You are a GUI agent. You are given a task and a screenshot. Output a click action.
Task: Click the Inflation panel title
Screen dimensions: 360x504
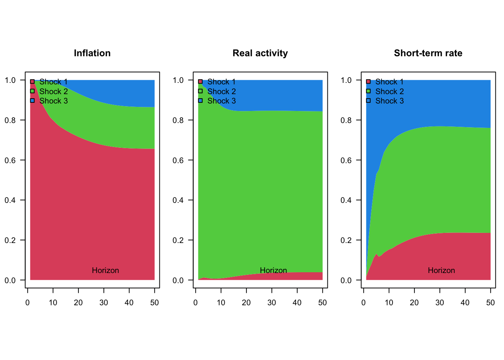92,53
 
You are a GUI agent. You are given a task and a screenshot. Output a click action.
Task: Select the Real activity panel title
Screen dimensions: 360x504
260,53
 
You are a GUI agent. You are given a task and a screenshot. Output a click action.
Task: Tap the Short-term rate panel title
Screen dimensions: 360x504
428,53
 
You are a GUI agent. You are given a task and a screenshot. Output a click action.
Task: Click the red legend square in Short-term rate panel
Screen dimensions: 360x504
368,81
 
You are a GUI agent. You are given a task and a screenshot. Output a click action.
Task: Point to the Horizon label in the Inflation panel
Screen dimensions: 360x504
105,270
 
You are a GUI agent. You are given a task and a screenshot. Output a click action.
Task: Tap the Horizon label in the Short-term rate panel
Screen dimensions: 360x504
441,270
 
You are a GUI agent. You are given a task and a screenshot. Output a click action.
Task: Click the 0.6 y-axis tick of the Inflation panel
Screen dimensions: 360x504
10,160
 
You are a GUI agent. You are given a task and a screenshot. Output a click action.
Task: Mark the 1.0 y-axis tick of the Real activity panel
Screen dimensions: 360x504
178,80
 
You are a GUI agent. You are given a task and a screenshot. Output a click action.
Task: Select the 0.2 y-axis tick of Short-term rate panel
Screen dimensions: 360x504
346,240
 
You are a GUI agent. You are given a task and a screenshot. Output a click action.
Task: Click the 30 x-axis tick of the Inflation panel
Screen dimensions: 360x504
104,303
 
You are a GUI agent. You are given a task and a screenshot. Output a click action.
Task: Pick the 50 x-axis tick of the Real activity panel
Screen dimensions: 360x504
322,303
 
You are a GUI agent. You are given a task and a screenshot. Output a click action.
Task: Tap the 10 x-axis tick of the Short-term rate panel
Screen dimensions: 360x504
389,303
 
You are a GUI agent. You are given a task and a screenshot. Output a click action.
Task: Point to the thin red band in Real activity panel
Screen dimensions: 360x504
300,276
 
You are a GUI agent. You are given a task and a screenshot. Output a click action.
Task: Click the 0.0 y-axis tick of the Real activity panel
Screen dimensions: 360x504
178,280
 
